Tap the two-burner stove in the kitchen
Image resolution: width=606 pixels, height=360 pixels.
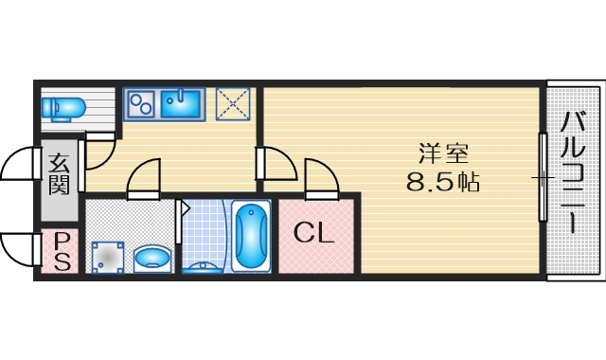[142, 101]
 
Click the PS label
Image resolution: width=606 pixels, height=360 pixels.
[61, 252]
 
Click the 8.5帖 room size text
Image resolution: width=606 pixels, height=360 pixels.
[442, 182]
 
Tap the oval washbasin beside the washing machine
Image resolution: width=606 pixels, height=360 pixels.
[151, 258]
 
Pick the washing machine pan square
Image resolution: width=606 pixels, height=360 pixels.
[107, 256]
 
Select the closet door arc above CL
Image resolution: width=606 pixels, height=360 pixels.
[319, 177]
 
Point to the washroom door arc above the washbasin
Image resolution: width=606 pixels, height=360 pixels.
[144, 178]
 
